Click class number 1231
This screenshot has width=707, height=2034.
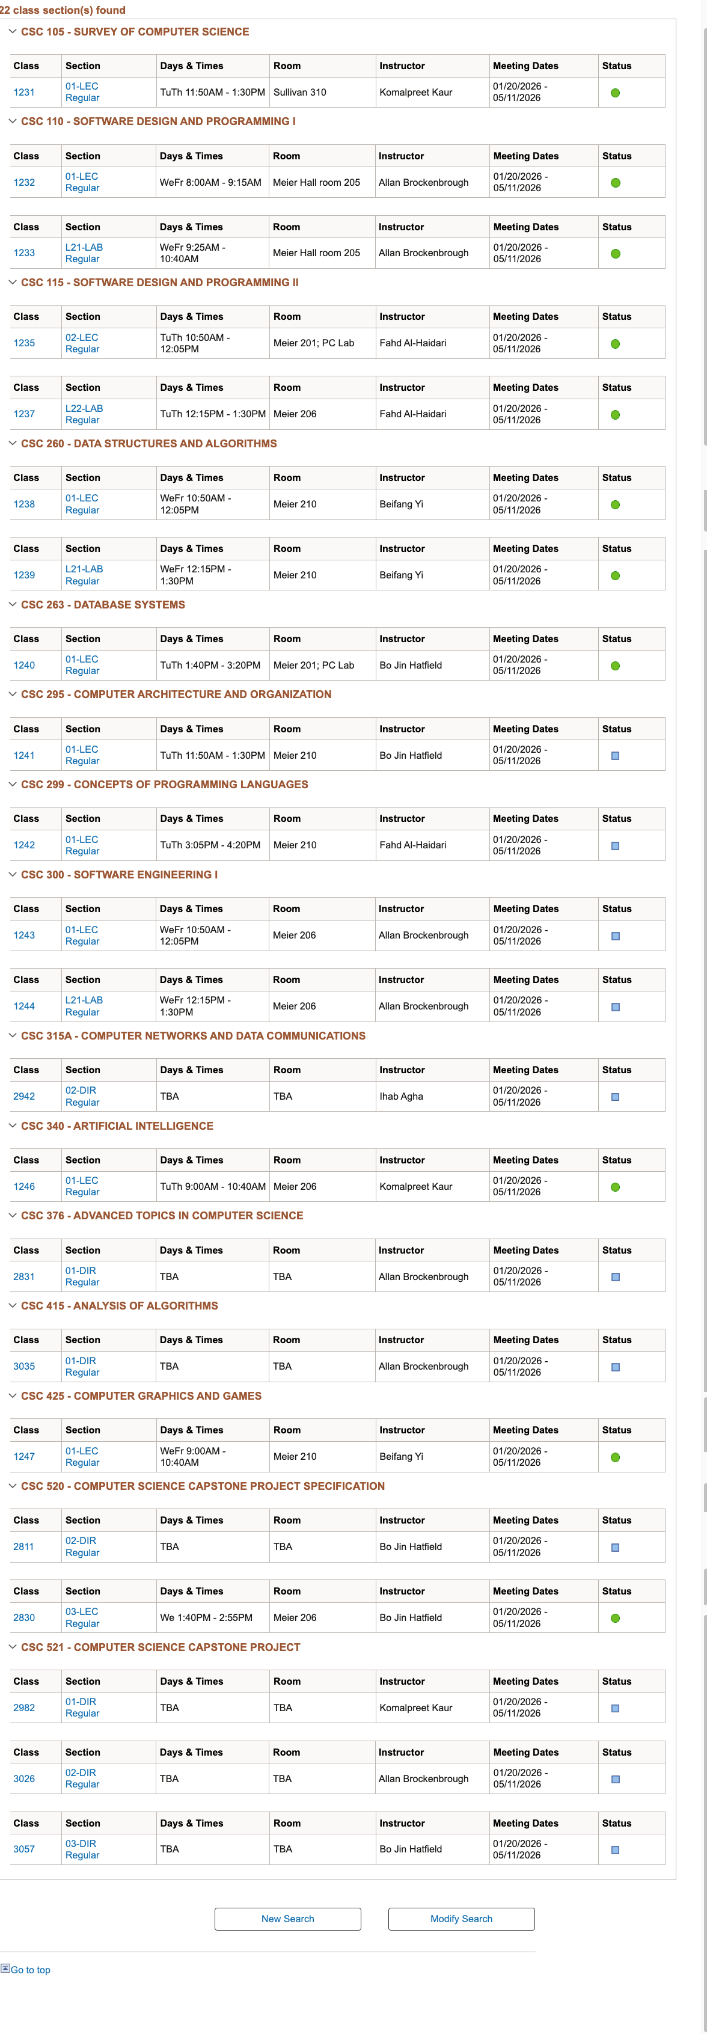(23, 93)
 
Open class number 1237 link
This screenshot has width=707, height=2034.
(23, 414)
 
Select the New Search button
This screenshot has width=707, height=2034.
(287, 1919)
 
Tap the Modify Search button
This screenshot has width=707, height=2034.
(461, 1919)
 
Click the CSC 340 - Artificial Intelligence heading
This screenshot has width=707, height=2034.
(117, 1126)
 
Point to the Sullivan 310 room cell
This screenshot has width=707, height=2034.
(299, 93)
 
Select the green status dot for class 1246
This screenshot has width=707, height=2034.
(616, 1187)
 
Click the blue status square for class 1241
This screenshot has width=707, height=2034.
(616, 756)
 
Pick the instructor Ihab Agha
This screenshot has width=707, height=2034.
(401, 1096)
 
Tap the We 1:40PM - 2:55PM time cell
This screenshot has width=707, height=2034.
(206, 1617)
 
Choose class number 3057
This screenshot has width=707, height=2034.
(23, 1849)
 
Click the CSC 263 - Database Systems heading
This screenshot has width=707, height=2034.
(103, 605)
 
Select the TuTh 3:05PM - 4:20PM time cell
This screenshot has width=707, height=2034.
(210, 845)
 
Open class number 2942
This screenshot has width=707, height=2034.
(23, 1096)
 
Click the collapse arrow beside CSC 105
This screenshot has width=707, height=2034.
(12, 32)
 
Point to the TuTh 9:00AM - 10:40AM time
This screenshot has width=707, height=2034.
(212, 1186)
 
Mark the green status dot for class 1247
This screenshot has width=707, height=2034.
(616, 1457)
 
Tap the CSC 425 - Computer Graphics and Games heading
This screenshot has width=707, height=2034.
(141, 1396)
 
